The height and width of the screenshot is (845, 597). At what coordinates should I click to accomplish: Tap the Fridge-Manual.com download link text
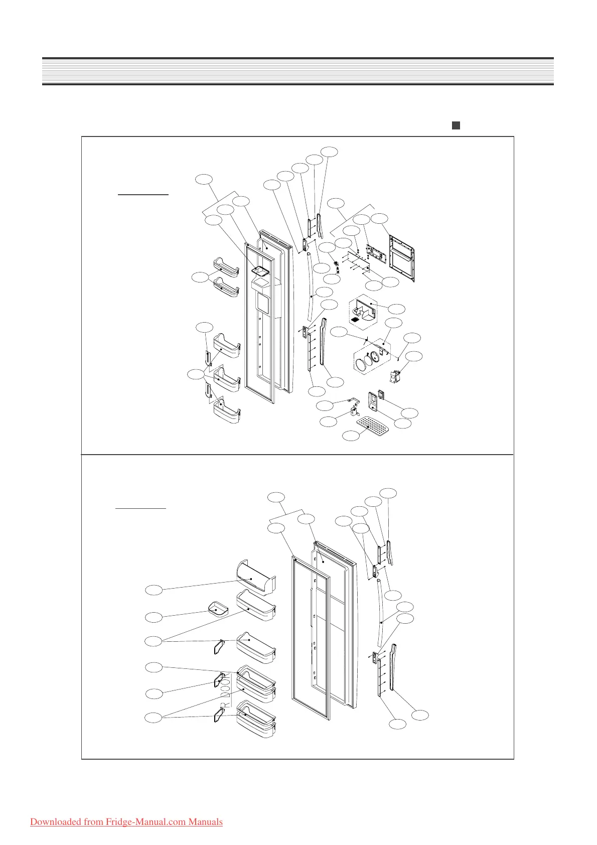coord(126,822)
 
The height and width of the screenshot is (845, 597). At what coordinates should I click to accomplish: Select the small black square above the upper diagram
coord(456,125)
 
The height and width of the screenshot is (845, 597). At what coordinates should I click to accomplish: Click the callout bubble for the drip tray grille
coord(350,436)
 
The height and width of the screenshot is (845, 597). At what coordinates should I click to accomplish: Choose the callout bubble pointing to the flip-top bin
coord(154,590)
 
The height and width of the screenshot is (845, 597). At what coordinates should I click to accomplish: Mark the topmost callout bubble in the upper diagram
coord(329,151)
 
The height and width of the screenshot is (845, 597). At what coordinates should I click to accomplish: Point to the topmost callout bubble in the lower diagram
coord(388,493)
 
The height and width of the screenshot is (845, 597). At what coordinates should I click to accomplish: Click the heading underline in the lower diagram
coord(140,508)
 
